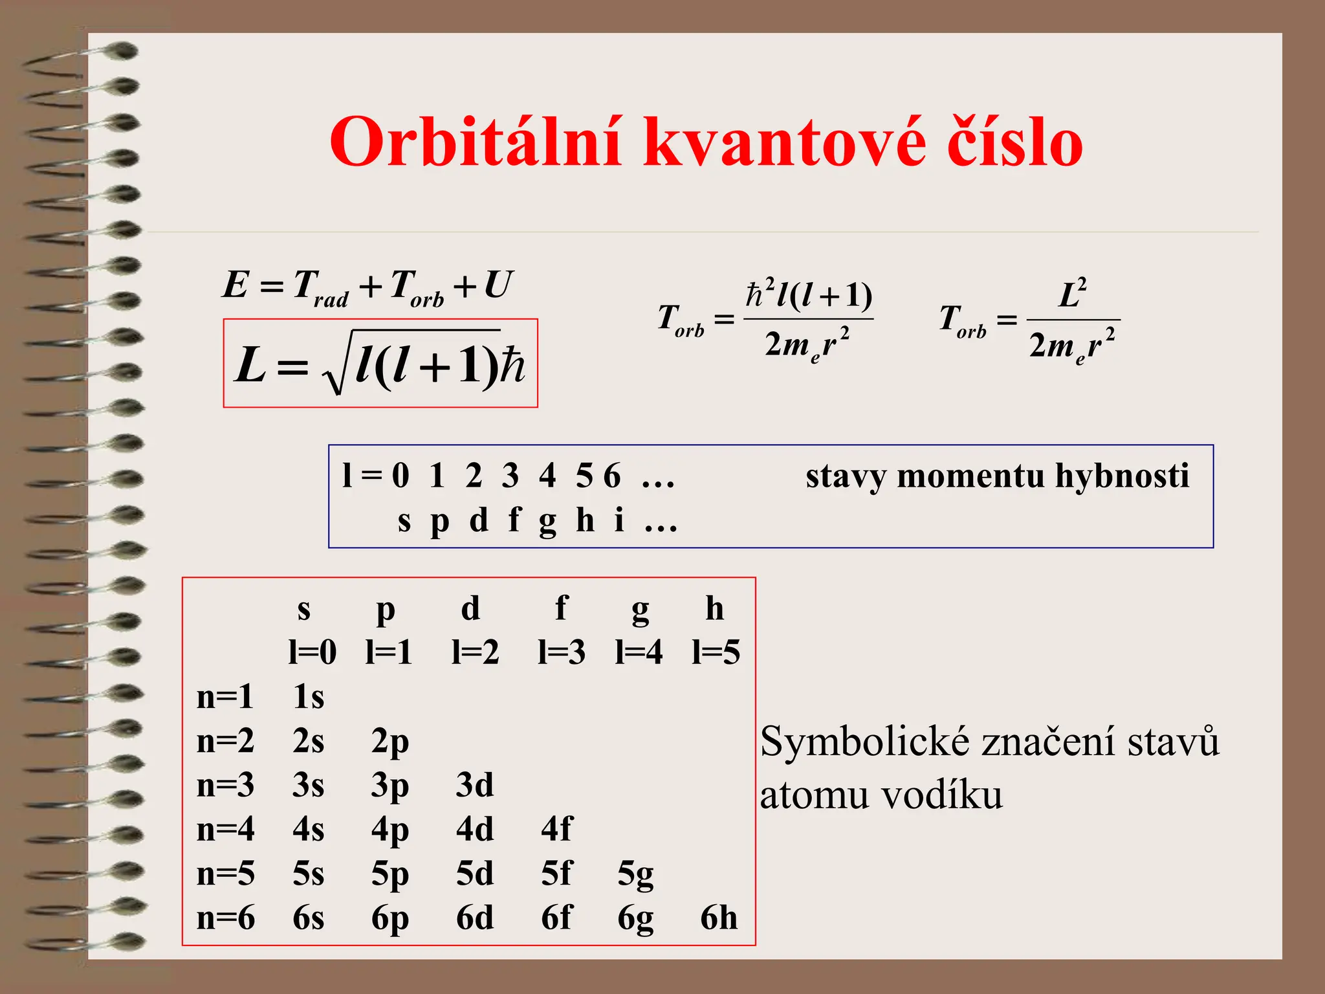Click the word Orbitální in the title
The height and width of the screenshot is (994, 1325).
pyautogui.click(x=476, y=143)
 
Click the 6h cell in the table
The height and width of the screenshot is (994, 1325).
pyautogui.click(x=719, y=918)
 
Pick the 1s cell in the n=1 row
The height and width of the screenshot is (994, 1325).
pyautogui.click(x=309, y=697)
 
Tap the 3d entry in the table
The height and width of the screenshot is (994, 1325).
pyautogui.click(x=475, y=785)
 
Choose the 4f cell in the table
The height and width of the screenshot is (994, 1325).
pyautogui.click(x=557, y=829)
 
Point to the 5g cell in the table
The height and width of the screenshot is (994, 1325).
pyautogui.click(x=635, y=874)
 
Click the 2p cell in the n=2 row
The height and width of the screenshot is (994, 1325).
pyautogui.click(x=390, y=742)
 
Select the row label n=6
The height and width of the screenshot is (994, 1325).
pyautogui.click(x=226, y=918)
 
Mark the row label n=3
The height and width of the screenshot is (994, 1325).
pyautogui.click(x=226, y=785)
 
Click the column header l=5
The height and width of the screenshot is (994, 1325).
pyautogui.click(x=716, y=652)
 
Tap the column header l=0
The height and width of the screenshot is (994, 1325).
pyautogui.click(x=312, y=652)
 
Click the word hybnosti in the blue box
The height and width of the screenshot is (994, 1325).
pyautogui.click(x=1122, y=476)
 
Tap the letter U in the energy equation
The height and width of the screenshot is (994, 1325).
pyautogui.click(x=498, y=285)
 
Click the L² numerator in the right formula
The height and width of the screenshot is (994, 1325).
pyautogui.click(x=1073, y=295)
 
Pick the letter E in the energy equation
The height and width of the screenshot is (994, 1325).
pyautogui.click(x=235, y=285)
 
